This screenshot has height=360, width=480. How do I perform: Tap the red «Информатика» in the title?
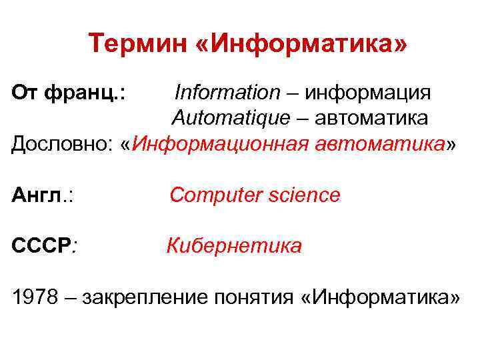coord(291,46)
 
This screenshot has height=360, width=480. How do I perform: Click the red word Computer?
coord(213,195)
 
